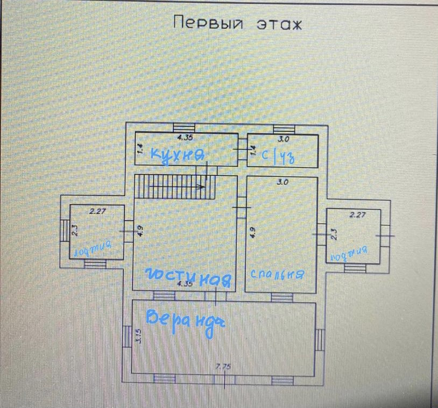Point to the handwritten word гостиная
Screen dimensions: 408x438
pos(189,277)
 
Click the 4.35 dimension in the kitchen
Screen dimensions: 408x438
pos(185,138)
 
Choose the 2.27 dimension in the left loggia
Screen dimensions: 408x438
pos(97,211)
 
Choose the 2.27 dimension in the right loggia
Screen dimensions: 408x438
pos(357,216)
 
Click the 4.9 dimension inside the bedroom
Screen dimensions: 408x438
pos(252,232)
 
